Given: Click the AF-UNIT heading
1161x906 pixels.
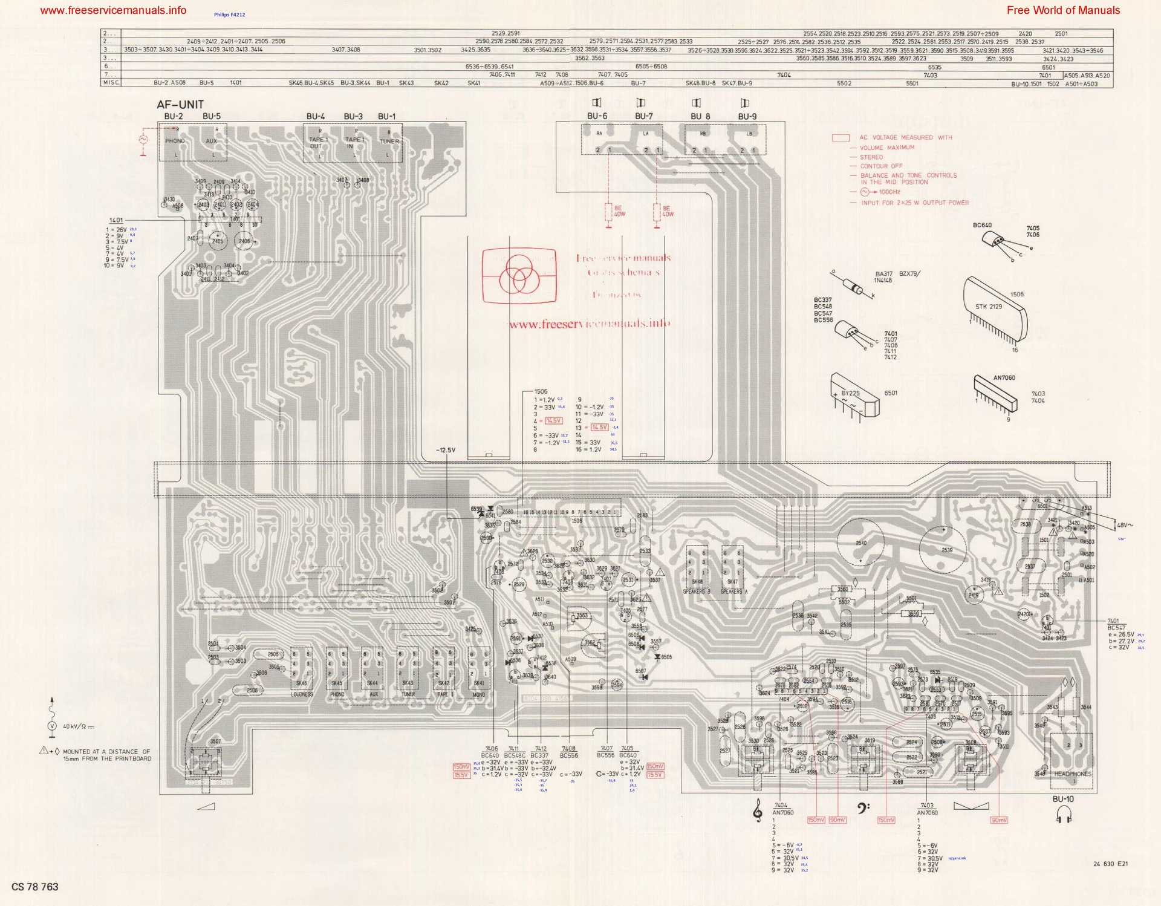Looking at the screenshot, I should pos(180,105).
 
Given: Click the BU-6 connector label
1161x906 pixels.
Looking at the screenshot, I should pos(597,116).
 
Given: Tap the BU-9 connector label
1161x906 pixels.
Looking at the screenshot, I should pos(747,116).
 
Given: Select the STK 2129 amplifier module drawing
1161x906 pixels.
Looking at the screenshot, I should pos(995,308).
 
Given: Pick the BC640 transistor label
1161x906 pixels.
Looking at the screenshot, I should pos(982,225).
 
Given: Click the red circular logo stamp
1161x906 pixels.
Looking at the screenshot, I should pos(519,276).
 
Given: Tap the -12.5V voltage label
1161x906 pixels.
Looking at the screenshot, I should pos(446,450).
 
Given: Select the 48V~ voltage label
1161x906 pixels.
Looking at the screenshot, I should pos(1125,525).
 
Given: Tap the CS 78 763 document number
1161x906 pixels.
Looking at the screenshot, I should pos(35,887).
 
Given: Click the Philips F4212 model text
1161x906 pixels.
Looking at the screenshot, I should pos(229,15).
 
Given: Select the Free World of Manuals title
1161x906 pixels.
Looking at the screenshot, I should pos(1063,10).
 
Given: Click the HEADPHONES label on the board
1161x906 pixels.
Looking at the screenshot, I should pos(1073,774).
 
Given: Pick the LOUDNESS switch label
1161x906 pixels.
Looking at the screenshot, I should pos(302,694).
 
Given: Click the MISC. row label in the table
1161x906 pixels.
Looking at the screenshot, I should pos(111,83).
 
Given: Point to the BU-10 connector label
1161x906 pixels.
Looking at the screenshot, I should pos(1062,799).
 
